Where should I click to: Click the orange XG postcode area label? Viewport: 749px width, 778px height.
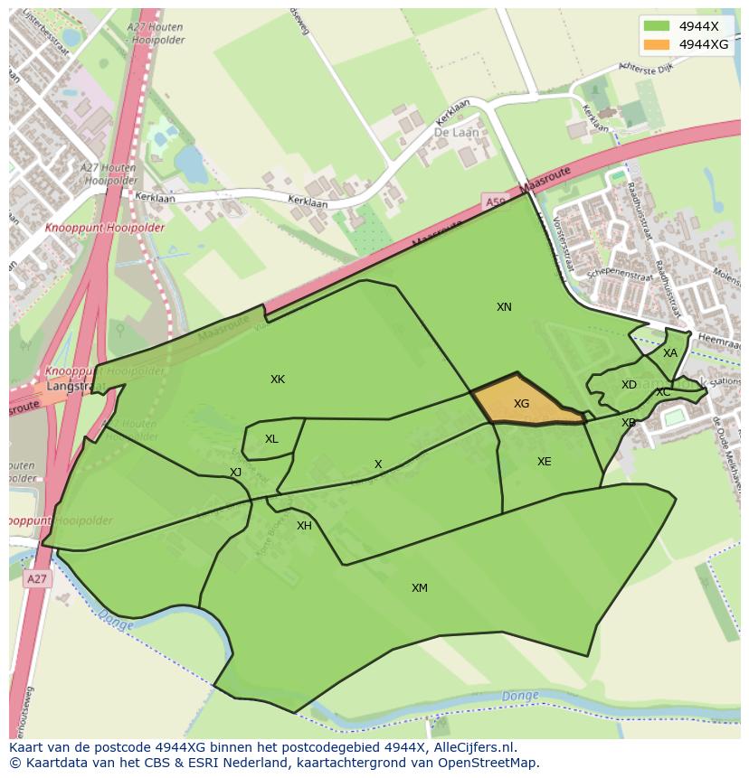click(521, 404)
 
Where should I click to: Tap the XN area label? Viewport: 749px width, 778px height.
click(504, 307)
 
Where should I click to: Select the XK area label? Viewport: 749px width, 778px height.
click(278, 380)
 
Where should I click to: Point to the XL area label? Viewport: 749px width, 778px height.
click(271, 439)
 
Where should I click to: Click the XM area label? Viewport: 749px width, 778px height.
click(420, 588)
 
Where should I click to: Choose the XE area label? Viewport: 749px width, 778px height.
click(544, 462)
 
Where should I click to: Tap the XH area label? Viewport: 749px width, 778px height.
click(304, 526)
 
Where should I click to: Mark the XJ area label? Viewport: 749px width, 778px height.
click(235, 473)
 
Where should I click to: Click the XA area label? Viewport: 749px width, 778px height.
click(669, 353)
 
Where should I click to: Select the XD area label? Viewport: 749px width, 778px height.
click(629, 385)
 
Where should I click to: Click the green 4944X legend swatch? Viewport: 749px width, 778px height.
click(657, 26)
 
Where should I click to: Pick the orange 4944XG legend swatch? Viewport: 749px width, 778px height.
click(657, 44)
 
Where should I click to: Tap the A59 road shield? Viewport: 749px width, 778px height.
click(494, 202)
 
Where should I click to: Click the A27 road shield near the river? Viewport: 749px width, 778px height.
click(36, 579)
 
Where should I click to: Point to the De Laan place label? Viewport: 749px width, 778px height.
click(456, 132)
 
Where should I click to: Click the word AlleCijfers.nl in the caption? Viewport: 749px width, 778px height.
click(473, 747)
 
